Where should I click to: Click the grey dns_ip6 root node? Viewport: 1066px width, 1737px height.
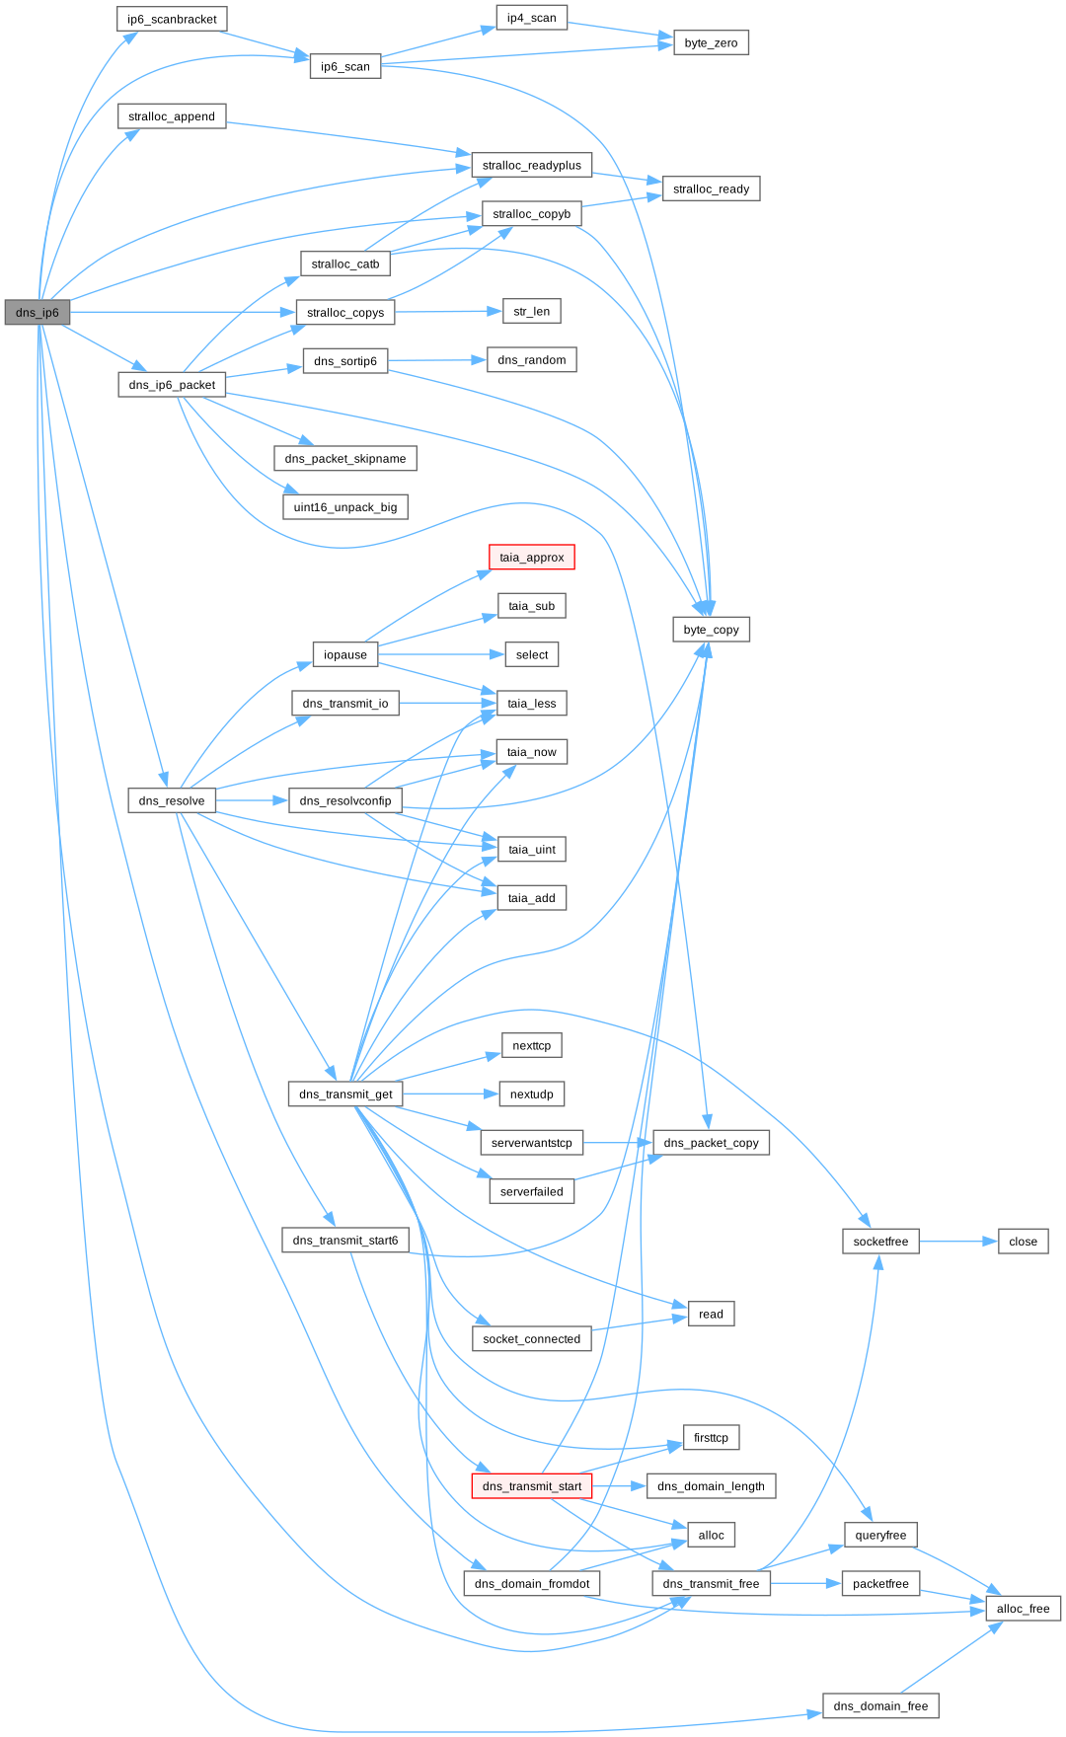38,312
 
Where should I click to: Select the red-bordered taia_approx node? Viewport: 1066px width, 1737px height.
531,558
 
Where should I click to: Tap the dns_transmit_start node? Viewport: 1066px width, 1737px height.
531,1486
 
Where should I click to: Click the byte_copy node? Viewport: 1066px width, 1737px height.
711,630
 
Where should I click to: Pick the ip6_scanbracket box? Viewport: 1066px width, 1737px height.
172,19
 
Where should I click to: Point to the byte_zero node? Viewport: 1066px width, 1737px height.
711,43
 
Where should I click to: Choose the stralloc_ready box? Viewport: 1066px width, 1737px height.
711,189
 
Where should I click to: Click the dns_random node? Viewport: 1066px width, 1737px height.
531,360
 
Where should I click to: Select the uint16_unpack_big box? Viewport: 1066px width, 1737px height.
344,507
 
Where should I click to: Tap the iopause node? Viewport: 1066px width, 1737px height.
344,654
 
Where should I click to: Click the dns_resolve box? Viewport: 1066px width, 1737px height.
172,800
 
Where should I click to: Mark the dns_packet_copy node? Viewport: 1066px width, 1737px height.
711,1143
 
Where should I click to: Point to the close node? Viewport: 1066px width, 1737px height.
1023,1242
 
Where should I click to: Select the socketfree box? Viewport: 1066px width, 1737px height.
880,1242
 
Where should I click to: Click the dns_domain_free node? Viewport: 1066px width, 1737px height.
880,1705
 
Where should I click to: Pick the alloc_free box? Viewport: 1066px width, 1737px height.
1023,1609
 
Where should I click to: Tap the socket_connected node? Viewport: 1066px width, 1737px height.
531,1339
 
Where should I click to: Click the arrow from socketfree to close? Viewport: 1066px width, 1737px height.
957,1242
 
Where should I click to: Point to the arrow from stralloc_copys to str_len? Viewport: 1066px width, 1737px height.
448,312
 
